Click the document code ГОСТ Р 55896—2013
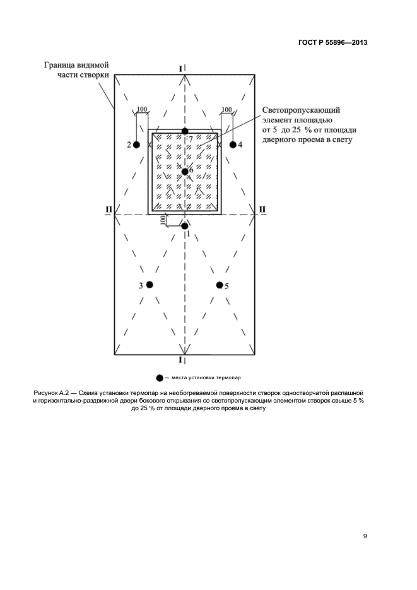332,43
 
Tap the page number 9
365,536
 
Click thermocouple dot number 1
184,226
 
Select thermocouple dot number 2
136,145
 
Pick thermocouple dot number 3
150,285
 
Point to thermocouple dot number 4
232,145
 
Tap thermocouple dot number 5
220,285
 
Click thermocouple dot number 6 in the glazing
184,171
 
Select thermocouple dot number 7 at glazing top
184,131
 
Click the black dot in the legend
160,378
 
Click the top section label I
181,68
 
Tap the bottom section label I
181,360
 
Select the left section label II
109,209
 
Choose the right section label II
262,209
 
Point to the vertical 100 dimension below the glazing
163,220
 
